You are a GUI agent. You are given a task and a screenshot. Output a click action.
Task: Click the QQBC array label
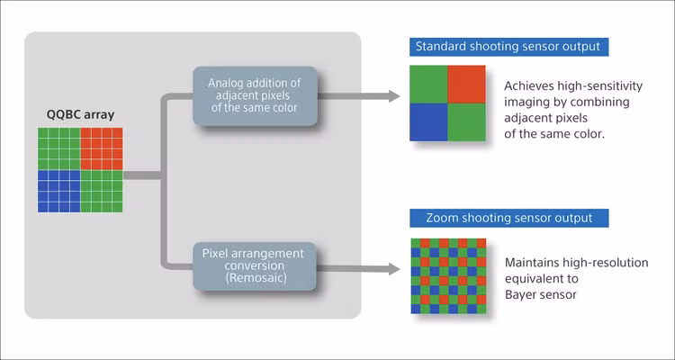(x=81, y=114)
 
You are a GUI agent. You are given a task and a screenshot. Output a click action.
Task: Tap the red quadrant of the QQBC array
(x=101, y=148)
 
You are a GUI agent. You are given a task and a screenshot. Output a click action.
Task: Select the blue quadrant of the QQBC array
(x=58, y=191)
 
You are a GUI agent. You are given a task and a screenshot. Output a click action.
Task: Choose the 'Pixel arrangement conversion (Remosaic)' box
(x=254, y=266)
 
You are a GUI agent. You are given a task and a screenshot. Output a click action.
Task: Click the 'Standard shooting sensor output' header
(x=508, y=46)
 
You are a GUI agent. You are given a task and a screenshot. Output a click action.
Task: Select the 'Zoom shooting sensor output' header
(x=508, y=218)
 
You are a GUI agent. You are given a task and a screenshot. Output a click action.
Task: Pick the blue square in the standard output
(x=430, y=121)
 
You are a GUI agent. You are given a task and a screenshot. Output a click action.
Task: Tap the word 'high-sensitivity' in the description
(x=590, y=86)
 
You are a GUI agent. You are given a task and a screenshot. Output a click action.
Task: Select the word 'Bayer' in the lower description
(x=523, y=293)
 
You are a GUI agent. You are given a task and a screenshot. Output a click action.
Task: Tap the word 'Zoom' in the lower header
(x=436, y=218)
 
